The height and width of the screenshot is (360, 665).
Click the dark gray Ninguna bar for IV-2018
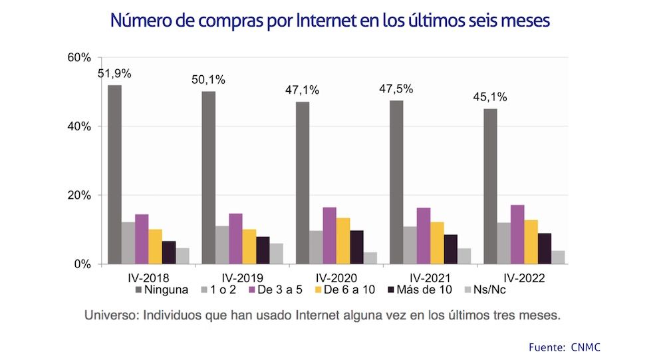[x=114, y=174]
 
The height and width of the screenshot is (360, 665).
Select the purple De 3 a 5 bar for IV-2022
[x=517, y=234]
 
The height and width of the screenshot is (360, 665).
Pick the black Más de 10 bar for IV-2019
[x=263, y=250]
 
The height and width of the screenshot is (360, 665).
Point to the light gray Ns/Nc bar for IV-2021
[x=464, y=256]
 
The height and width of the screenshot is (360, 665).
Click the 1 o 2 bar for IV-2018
[x=128, y=243]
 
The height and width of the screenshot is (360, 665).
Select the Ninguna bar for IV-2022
[x=489, y=186]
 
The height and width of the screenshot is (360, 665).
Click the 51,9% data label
[x=114, y=74]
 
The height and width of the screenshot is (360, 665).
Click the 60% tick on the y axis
[x=79, y=58]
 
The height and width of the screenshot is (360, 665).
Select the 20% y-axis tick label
[x=79, y=196]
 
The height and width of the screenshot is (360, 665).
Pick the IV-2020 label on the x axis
[x=336, y=277]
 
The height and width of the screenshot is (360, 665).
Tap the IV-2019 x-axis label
[x=242, y=277]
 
